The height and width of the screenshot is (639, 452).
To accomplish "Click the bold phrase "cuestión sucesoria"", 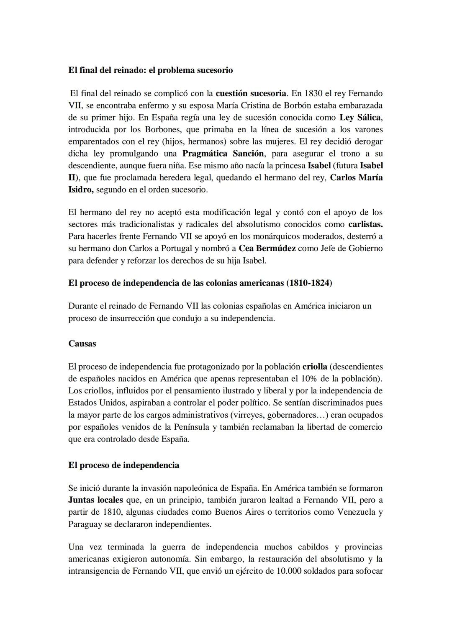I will pyautogui.click(x=251, y=93).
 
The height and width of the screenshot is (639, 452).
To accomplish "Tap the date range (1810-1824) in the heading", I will pyautogui.click(x=309, y=283).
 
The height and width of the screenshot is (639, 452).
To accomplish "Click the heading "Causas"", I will pyautogui.click(x=82, y=344).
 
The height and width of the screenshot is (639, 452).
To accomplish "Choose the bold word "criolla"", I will pyautogui.click(x=315, y=367).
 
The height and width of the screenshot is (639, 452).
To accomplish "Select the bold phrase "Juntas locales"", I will pyautogui.click(x=95, y=500).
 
